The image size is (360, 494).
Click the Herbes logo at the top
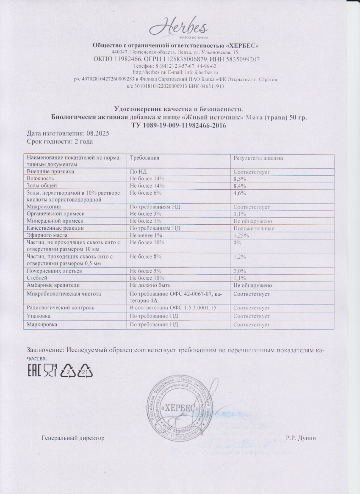tap(180, 28)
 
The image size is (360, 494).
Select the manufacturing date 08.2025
tap(97, 133)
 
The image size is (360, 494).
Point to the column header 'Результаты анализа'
tap(258, 158)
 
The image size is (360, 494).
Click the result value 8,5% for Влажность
tap(240, 179)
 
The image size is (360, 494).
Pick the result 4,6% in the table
tap(240, 193)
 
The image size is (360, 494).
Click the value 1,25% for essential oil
tap(241, 235)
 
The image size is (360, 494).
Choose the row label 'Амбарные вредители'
tap(53, 285)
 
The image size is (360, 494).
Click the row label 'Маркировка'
tap(42, 325)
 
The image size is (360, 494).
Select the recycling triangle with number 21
tap(85, 371)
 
